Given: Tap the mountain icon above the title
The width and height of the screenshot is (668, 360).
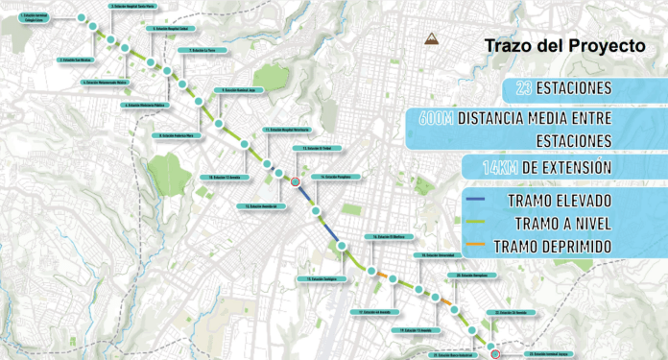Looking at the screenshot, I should [x=432, y=39].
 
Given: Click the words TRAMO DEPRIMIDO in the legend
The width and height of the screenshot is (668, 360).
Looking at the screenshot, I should [x=553, y=246].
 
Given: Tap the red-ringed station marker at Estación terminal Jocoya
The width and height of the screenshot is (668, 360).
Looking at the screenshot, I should [x=494, y=353].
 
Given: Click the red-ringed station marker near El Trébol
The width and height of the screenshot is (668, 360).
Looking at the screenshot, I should [x=297, y=180].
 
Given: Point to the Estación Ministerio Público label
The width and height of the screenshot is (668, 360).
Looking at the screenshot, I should [x=146, y=105].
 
